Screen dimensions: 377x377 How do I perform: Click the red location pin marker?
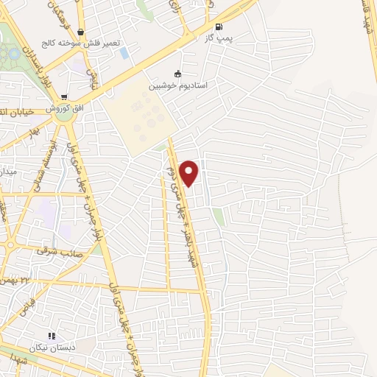(190, 172)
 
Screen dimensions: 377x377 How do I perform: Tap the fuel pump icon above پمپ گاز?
(218, 27)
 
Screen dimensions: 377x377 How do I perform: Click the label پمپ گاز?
(218, 38)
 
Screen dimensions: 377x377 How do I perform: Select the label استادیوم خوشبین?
(179, 85)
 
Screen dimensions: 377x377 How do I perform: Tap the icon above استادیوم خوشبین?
(177, 74)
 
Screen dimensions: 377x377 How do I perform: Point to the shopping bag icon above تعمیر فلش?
(89, 32)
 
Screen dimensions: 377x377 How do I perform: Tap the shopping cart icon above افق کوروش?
(65, 96)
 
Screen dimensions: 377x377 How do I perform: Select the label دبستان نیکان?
(52, 347)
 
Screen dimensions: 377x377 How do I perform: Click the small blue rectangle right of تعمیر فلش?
(124, 53)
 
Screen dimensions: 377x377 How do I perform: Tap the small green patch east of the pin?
(218, 216)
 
